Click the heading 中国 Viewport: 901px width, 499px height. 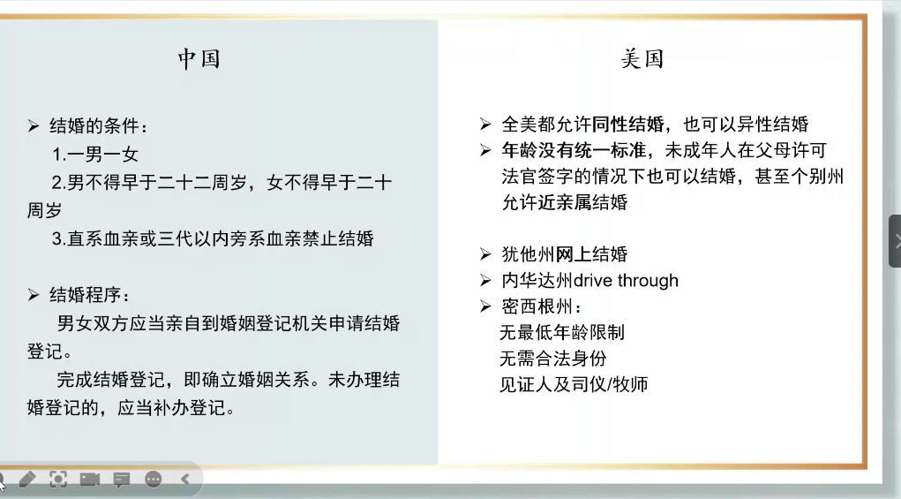pyautogui.click(x=199, y=58)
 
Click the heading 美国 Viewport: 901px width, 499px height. pyautogui.click(x=642, y=58)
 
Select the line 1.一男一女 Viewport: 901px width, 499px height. pyautogui.click(x=94, y=154)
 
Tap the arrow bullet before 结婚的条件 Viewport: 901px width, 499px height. pyautogui.click(x=34, y=126)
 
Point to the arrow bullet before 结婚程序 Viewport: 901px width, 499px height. pyautogui.click(x=34, y=295)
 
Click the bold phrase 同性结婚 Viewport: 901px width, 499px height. pyautogui.click(x=627, y=124)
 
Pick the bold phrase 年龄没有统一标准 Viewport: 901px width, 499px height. pyautogui.click(x=574, y=150)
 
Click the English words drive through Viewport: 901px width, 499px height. pyautogui.click(x=626, y=281)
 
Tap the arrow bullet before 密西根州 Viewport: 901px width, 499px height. pyautogui.click(x=485, y=306)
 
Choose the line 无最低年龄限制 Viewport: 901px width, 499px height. pyautogui.click(x=562, y=332)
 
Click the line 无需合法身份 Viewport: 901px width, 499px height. pyautogui.click(x=552, y=359)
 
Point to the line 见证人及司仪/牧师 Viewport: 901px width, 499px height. pyautogui.click(x=574, y=384)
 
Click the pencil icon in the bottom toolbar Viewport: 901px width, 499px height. pyautogui.click(x=27, y=479)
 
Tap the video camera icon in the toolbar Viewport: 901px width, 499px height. pyautogui.click(x=90, y=479)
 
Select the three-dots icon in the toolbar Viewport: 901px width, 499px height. pyautogui.click(x=154, y=479)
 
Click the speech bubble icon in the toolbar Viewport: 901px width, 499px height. pyautogui.click(x=121, y=480)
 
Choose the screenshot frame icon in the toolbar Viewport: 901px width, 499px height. pyautogui.click(x=58, y=479)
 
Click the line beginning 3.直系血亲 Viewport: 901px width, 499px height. pyautogui.click(x=213, y=238)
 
